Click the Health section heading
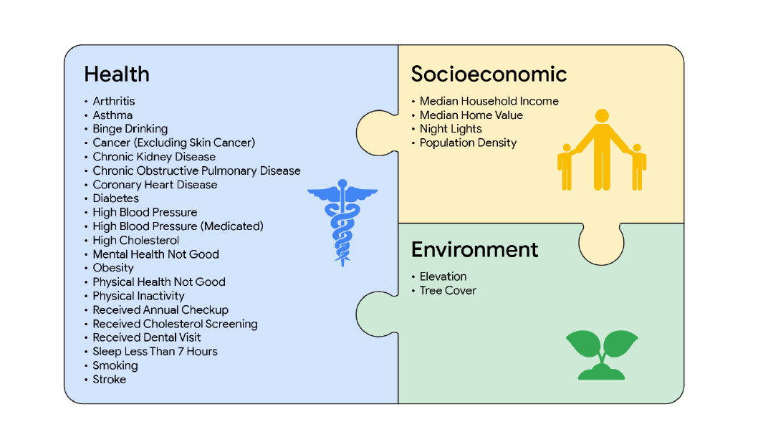coord(117,74)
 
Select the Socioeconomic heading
coord(489,74)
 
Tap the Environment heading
coord(474,249)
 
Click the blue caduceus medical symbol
coord(342,223)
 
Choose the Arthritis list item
coord(114,101)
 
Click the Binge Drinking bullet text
coord(130,129)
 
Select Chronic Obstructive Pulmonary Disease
coord(196,170)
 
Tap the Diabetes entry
coord(116,198)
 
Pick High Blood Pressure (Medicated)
coord(178,226)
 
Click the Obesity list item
coord(113,268)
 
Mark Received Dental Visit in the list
coord(147,337)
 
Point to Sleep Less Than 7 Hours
coord(155,352)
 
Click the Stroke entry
coord(110,380)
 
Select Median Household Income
coord(489,101)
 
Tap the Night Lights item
coord(451,129)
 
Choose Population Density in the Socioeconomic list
coord(468,143)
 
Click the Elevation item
coord(443,277)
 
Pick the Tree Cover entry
coord(448,290)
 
